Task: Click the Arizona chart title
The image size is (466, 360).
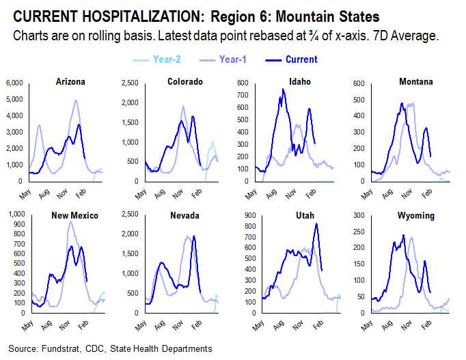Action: coord(70,82)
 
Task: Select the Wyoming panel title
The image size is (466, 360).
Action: coord(416,215)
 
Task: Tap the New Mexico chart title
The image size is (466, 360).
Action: coord(75,215)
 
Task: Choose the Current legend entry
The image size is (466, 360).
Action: coord(301,59)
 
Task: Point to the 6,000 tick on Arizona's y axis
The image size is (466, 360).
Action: coord(15,83)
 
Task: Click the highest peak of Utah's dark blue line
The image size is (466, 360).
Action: coord(316,224)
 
